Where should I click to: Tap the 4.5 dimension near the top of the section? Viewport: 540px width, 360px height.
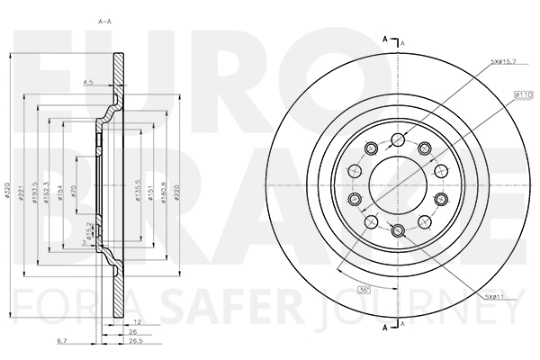pos(88,83)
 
